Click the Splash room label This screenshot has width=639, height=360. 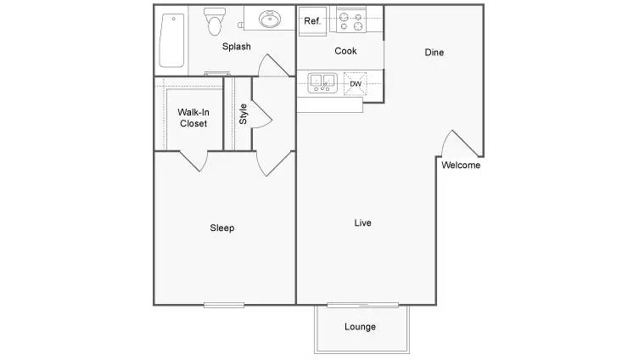(x=237, y=47)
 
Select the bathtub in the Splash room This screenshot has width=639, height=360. (x=171, y=40)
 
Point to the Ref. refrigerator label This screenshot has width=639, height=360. (x=312, y=21)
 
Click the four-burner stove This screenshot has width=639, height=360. (x=350, y=19)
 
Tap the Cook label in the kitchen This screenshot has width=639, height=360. (x=345, y=51)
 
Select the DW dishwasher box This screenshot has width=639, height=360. (x=356, y=83)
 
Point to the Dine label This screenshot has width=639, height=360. (x=434, y=53)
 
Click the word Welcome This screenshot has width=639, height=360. (x=461, y=166)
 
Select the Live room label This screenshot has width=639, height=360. (x=363, y=223)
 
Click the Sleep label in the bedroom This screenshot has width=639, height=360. (x=222, y=228)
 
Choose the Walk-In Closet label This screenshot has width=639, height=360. (x=193, y=118)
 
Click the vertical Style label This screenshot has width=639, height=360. (x=243, y=114)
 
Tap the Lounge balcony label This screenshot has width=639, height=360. (x=360, y=327)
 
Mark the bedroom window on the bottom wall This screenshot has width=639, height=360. (x=224, y=305)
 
